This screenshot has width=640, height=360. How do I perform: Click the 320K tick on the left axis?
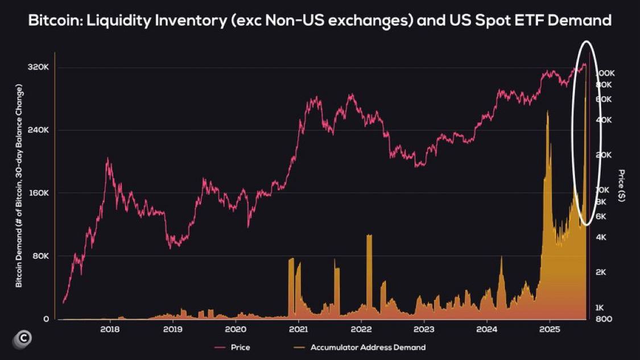pyautogui.click(x=39, y=67)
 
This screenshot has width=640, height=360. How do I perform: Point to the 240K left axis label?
pyautogui.click(x=39, y=130)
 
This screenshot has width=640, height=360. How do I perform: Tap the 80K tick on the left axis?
pyautogui.click(x=40, y=256)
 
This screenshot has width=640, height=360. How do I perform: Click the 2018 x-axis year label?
pyautogui.click(x=110, y=329)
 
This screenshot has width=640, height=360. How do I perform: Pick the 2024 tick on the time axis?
pyautogui.click(x=487, y=329)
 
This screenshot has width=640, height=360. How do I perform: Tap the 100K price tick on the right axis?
pyautogui.click(x=604, y=73)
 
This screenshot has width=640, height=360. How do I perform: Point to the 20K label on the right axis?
pyautogui.click(x=603, y=155)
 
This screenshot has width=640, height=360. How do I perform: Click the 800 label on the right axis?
pyautogui.click(x=604, y=319)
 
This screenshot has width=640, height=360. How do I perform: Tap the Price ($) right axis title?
pyautogui.click(x=622, y=185)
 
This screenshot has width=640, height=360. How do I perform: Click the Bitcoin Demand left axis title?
pyautogui.click(x=19, y=185)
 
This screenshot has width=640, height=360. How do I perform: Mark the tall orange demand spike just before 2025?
pyautogui.click(x=547, y=114)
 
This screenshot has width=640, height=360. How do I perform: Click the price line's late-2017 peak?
pyautogui.click(x=108, y=160)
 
